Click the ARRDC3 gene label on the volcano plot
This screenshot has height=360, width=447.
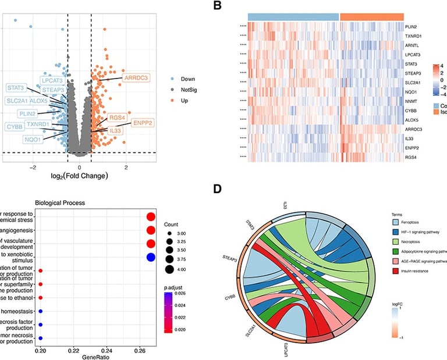(x=136, y=77)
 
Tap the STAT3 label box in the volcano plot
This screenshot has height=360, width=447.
(x=16, y=88)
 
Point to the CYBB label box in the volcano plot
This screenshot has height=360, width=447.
(x=15, y=126)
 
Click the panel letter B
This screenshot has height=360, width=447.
(x=217, y=6)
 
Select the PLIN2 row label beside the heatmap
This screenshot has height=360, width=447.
(x=413, y=27)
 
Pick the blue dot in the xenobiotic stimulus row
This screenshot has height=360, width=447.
(x=150, y=257)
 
